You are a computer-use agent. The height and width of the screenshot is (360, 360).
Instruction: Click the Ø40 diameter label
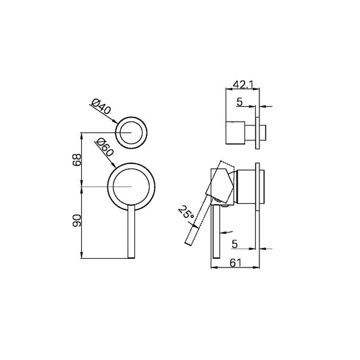pyautogui.click(x=99, y=106)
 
